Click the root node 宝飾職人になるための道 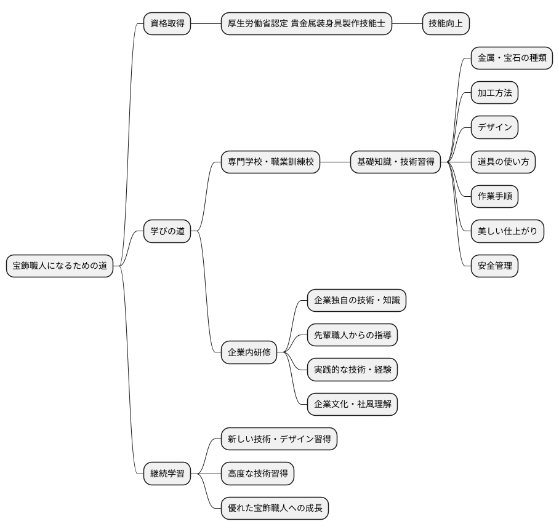click(x=60, y=266)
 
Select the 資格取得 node click(x=167, y=24)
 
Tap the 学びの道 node click(x=167, y=231)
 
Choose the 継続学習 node click(x=167, y=473)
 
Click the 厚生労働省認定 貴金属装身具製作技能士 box click(x=306, y=24)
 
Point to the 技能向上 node click(x=446, y=24)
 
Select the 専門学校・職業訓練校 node click(x=271, y=162)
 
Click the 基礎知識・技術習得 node click(x=395, y=162)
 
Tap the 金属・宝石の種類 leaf click(x=511, y=58)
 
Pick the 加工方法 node click(x=494, y=93)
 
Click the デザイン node click(x=494, y=127)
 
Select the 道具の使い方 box click(x=503, y=162)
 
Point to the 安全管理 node click(x=494, y=266)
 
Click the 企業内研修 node click(x=249, y=352)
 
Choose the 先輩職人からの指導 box click(x=352, y=335)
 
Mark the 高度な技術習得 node click(x=257, y=473)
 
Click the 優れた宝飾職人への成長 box click(x=275, y=508)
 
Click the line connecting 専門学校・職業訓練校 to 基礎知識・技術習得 click(x=335, y=162)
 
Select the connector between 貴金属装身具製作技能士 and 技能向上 click(x=406, y=24)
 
